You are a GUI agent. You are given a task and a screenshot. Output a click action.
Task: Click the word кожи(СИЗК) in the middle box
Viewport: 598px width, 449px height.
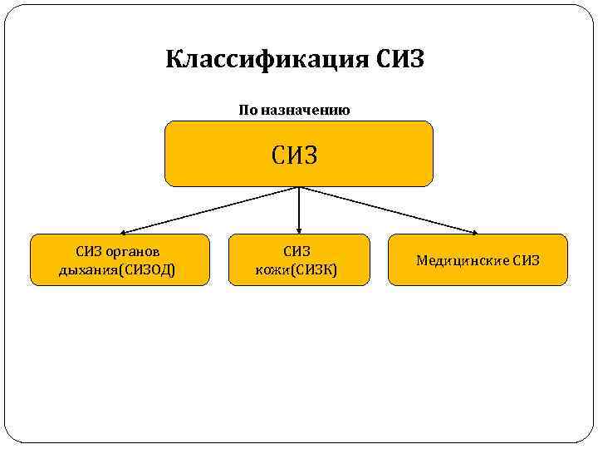[297, 269]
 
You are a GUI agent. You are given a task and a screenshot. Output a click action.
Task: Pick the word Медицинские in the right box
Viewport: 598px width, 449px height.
[463, 260]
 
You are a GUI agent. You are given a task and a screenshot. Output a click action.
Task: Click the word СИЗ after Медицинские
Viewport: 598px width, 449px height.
[526, 260]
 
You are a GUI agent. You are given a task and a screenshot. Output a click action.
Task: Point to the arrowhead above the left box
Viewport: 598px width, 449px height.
[120, 231]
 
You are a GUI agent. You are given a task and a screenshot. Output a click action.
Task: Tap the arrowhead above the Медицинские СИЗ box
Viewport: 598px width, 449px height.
[476, 231]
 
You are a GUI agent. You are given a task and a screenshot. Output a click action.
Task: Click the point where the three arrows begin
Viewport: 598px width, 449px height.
[299, 187]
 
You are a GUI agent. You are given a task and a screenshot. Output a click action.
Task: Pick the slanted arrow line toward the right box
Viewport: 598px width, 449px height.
[389, 210]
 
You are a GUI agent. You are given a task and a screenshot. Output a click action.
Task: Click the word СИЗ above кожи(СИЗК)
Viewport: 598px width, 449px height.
[297, 251]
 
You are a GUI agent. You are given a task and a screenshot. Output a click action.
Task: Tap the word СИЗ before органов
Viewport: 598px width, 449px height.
[89, 251]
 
